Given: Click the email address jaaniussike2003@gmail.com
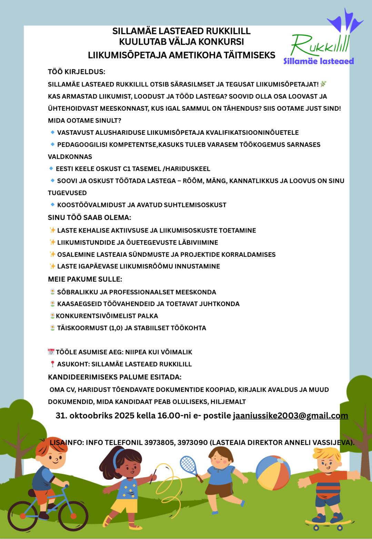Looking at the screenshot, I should (x=290, y=416).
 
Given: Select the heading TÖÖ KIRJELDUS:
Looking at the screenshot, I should (x=77, y=72).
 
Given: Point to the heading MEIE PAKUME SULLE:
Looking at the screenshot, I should (x=85, y=279).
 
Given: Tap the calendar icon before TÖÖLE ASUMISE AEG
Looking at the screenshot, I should (x=51, y=352).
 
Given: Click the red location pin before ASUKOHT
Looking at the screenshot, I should (x=52, y=364).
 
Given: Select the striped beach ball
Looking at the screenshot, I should (x=273, y=472).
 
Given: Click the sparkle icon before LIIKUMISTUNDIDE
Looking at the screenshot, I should (x=52, y=242).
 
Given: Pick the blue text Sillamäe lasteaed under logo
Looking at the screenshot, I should (x=319, y=61).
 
